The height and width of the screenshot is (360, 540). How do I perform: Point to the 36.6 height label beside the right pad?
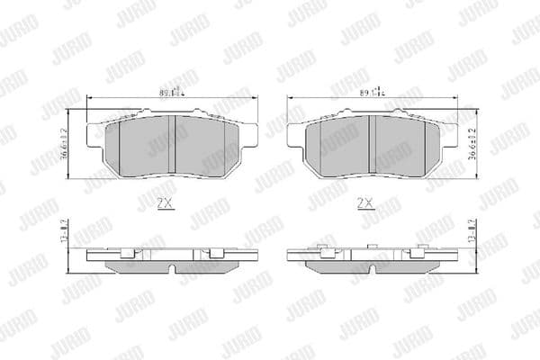pos(474,142)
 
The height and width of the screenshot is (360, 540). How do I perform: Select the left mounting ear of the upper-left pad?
pos(94,133)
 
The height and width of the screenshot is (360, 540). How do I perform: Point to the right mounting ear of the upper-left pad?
pos(249,133)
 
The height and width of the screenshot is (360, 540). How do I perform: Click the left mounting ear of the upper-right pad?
pos(294,133)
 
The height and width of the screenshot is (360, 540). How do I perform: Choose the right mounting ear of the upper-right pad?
pos(450,133)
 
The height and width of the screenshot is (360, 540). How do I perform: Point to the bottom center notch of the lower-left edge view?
pos(171,267)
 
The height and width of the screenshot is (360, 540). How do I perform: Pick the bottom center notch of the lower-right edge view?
pos(372,267)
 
